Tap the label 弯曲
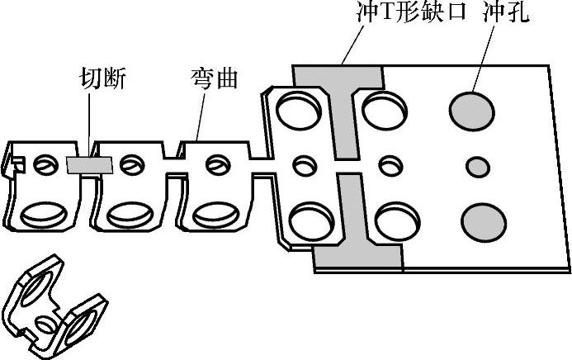point(214,79)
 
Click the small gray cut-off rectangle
point(88,164)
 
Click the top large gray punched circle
point(472,107)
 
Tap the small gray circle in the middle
point(476,167)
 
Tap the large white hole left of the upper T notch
point(299,110)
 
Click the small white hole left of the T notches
point(303,164)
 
